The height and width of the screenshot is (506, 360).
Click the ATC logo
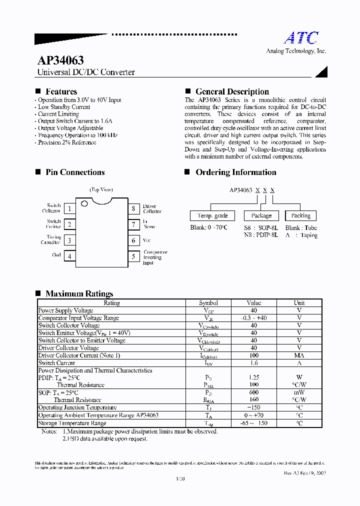coord(301,38)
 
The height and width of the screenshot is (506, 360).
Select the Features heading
coord(61,91)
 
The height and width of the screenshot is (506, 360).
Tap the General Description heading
coord(232,91)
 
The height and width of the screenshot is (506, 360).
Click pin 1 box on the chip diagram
coord(69,209)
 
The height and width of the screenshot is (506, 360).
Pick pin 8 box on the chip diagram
coord(133,209)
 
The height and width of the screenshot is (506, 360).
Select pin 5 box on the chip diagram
coord(133,256)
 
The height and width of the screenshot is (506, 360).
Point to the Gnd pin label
coord(56,255)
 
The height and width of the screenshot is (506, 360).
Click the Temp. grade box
coord(212,215)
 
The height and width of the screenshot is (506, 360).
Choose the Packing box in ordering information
coord(300,215)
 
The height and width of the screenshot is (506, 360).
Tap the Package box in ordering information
coord(261,215)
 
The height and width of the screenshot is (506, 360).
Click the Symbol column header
coord(208,303)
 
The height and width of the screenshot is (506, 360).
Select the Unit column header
coord(299,303)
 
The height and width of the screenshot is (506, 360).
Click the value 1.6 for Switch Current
coord(253,363)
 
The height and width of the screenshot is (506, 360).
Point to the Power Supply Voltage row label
coord(65,310)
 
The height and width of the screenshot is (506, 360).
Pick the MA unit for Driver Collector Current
coord(299,355)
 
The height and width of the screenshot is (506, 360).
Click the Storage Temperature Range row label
coord(72,423)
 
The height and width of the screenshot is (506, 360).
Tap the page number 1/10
coord(180,479)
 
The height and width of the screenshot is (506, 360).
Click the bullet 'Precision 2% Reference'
coord(67,142)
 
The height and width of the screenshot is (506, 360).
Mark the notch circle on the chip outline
coord(84,203)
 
